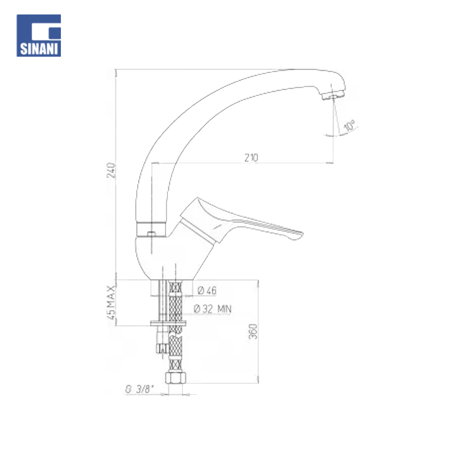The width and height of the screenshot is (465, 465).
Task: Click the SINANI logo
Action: (39, 35)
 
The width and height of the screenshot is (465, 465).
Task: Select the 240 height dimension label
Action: (111, 170)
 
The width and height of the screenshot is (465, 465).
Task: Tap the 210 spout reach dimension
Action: (251, 158)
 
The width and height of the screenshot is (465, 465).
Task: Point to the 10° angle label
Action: (349, 126)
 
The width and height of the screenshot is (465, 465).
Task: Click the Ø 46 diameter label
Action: (207, 290)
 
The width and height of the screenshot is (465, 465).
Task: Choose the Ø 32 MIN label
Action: (213, 309)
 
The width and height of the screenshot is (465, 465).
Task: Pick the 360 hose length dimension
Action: (253, 332)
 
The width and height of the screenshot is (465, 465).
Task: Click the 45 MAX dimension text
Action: (111, 303)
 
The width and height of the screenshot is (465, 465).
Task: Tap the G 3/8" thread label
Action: (139, 389)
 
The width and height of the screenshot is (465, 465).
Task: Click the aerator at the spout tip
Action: (332, 95)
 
